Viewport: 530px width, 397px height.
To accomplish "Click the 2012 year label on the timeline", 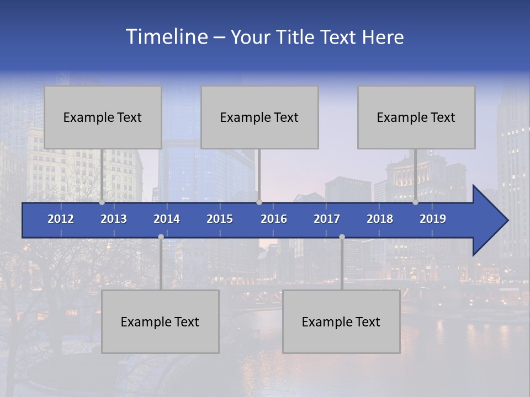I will [x=61, y=219].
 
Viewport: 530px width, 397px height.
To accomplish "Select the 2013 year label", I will [x=114, y=219].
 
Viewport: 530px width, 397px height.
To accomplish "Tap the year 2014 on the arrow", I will [x=167, y=219].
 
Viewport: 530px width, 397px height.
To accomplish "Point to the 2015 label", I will [x=220, y=219].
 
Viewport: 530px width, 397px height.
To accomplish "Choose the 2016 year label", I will [x=274, y=219].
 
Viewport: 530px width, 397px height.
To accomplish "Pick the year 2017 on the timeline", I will [x=327, y=219].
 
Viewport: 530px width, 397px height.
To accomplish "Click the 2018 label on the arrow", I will [x=380, y=219].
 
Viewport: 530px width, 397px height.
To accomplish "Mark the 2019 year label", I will [x=433, y=219].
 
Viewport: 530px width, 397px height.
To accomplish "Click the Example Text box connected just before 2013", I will [x=103, y=117].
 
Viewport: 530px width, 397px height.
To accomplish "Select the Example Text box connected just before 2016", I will [x=259, y=117].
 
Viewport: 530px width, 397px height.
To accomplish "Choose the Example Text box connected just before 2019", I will [x=416, y=117].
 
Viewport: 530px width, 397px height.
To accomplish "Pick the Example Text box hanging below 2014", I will [x=160, y=321].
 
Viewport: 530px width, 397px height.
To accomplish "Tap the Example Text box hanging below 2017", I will [x=341, y=321].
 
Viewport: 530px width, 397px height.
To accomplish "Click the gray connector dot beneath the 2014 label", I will [x=161, y=237].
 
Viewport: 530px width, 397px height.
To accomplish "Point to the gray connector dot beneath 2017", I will [x=342, y=237].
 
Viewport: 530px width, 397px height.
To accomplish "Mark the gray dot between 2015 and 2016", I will [x=259, y=202].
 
